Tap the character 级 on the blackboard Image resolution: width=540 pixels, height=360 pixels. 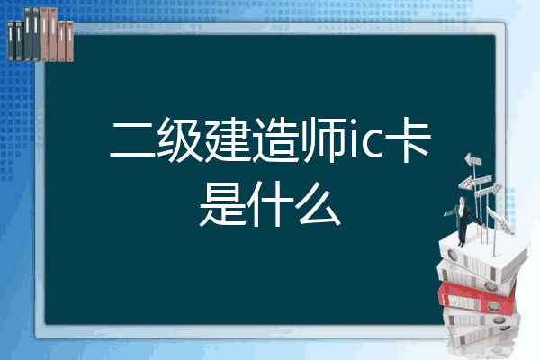pos(180,140)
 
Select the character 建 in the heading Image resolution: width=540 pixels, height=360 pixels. pos(229,140)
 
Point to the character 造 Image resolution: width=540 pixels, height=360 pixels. pos(276,140)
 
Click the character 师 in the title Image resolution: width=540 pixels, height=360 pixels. pos(324,140)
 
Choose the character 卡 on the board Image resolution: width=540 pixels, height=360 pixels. pos(408,140)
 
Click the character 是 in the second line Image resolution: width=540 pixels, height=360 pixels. pos(223,204)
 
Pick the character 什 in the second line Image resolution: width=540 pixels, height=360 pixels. pos(270,204)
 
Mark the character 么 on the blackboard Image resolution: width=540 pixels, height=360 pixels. pos(319,204)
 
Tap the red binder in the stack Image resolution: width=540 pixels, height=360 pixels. pos(476,297)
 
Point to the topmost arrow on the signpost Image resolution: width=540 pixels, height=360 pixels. pos(473,159)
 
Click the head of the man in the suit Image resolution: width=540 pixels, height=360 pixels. pos(463,200)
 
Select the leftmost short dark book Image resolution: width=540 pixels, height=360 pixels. pos(11,40)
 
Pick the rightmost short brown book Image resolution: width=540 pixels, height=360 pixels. pos(70,41)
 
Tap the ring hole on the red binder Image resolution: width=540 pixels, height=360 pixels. pos(493,307)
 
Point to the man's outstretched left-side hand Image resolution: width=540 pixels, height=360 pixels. pos(445,214)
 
